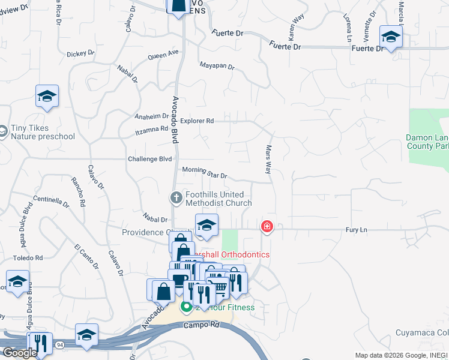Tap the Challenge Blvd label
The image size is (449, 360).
pos(150,159)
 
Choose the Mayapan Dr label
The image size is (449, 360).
pos(216,65)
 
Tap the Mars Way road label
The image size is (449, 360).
pos(268,159)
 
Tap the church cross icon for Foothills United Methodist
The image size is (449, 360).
pos(176,197)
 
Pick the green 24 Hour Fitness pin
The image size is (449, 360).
pos(186,307)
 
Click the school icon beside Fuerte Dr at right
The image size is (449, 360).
pos(391,37)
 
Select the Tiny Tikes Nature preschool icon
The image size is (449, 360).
pos(3,130)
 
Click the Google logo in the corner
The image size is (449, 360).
pos(19,353)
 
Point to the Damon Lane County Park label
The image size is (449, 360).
pos(427,142)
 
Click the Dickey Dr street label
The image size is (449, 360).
pos(80,53)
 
